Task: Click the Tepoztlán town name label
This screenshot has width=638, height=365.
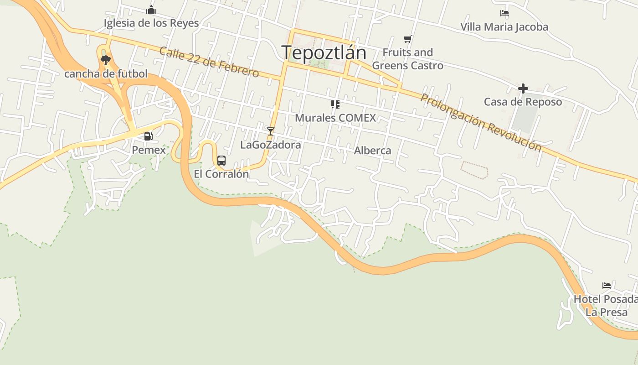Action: click(324, 53)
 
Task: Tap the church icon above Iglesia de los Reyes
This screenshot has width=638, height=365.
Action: click(151, 10)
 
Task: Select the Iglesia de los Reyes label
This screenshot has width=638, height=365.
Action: click(151, 23)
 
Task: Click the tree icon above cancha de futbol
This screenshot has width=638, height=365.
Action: click(106, 60)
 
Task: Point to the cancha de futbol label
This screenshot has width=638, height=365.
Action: click(106, 73)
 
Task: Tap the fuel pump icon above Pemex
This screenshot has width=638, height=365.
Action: click(148, 136)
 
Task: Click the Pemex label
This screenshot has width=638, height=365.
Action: click(149, 150)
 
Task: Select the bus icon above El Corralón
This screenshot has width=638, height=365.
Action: click(221, 160)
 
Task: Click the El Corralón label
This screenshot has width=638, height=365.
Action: click(221, 174)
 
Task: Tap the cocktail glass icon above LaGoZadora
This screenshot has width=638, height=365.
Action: click(271, 131)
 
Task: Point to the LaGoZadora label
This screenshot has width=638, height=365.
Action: click(271, 145)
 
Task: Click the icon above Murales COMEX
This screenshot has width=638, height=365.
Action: click(335, 104)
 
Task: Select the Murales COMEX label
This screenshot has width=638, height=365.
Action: click(335, 118)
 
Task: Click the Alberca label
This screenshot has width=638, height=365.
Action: click(372, 151)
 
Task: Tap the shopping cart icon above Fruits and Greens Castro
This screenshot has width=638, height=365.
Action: click(407, 39)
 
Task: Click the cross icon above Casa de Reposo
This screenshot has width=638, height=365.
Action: click(523, 88)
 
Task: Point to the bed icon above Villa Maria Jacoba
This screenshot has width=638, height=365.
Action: click(504, 13)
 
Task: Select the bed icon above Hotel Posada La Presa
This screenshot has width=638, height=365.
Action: click(606, 286)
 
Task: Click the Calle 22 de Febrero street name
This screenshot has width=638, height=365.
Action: click(209, 62)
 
